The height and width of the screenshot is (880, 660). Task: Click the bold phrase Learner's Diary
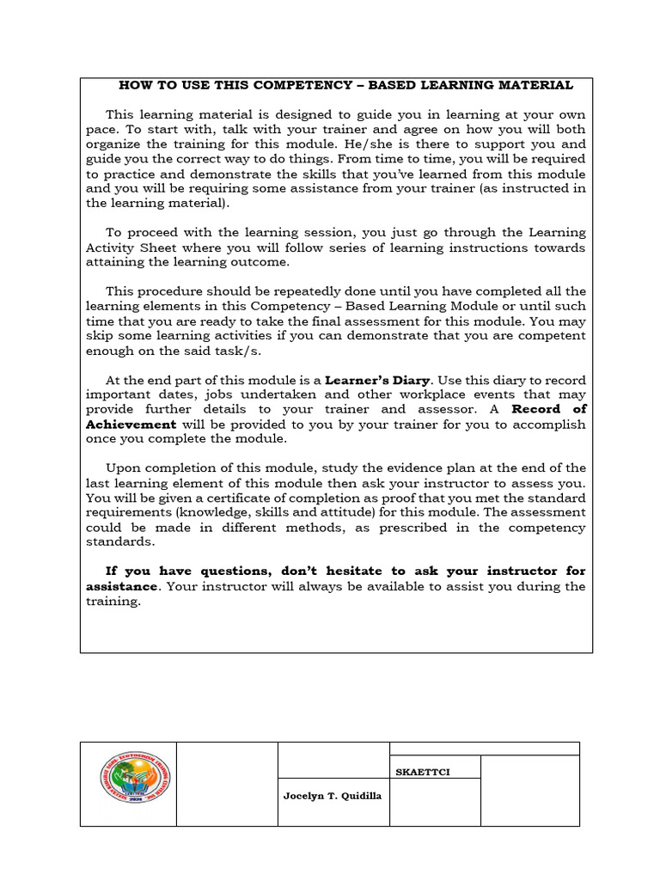tap(380, 380)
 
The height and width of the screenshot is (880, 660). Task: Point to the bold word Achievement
tap(131, 425)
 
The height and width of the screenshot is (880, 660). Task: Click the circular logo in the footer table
tap(129, 784)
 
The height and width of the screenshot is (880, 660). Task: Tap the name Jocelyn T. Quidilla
tap(333, 796)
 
